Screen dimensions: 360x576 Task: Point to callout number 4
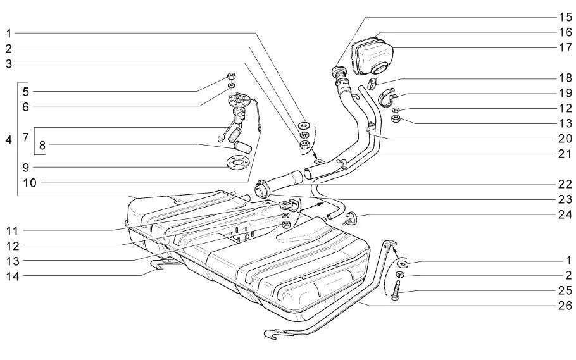coord(9,140)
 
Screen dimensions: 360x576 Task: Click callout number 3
coord(9,63)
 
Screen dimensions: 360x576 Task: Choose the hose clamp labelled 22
coord(261,189)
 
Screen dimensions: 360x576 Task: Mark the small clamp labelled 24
coord(353,219)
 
